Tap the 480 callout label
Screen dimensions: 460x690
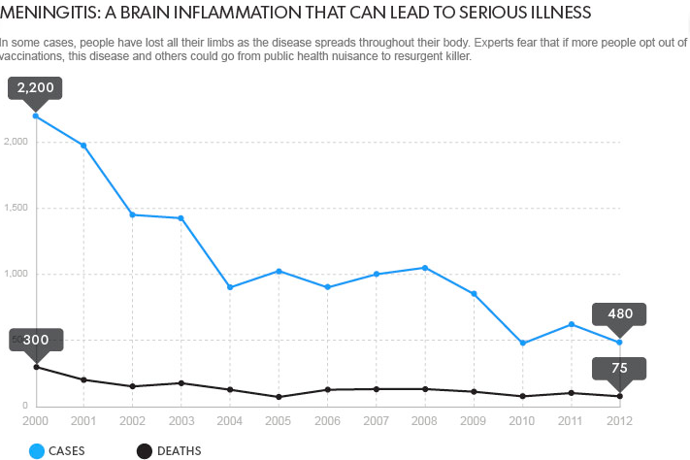pos(619,313)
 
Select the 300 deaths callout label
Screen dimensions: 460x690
pos(36,340)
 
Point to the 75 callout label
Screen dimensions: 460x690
pos(619,369)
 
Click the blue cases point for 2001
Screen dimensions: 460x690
pos(84,146)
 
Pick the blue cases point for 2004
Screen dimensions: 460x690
pos(230,287)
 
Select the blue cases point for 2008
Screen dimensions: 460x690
pos(425,268)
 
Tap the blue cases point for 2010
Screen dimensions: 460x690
pos(522,344)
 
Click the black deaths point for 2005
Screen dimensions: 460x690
pos(279,397)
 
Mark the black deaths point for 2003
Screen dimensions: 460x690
pos(181,383)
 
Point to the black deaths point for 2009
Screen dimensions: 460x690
pos(474,392)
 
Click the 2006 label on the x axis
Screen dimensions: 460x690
pos(327,421)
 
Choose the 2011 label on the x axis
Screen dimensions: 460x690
pos(571,421)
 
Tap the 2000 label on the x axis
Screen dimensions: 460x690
pos(36,421)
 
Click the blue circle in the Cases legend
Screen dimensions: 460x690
pos(38,450)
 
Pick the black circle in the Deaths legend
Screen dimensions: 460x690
pos(145,450)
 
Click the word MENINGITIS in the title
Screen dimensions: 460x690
pos(48,15)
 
